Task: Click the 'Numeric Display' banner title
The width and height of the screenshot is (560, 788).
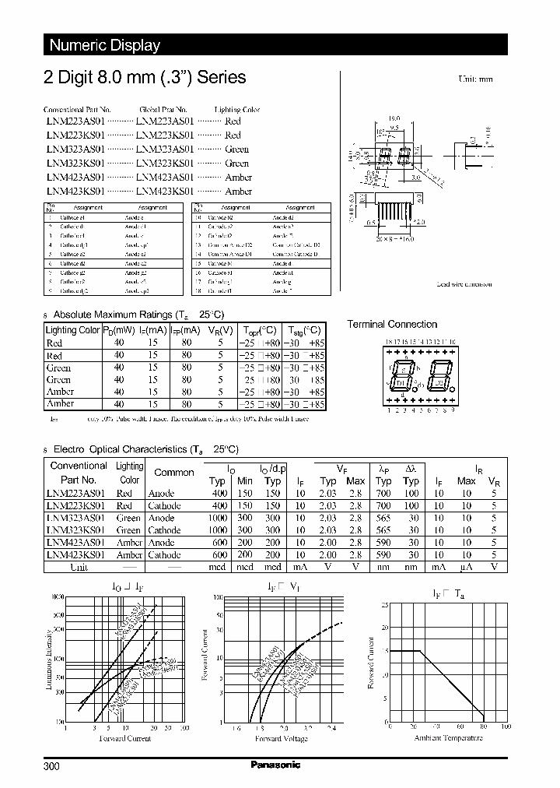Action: [104, 45]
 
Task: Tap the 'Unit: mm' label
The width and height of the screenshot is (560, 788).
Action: [476, 79]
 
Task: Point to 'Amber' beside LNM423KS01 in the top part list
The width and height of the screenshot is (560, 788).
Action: [238, 192]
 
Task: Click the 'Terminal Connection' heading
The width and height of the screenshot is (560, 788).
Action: [392, 325]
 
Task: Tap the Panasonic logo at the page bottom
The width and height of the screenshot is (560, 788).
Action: [275, 765]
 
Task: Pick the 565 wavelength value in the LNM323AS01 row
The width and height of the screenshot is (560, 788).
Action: [384, 518]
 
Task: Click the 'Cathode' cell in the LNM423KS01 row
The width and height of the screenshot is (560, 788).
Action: [164, 555]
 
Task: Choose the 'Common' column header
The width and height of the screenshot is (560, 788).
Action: [174, 473]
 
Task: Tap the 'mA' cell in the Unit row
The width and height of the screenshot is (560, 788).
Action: [439, 568]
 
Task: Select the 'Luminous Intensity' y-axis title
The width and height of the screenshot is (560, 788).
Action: [50, 660]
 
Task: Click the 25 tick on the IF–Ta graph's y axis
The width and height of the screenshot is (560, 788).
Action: [384, 605]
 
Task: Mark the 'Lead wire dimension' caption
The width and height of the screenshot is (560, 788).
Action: [464, 285]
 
